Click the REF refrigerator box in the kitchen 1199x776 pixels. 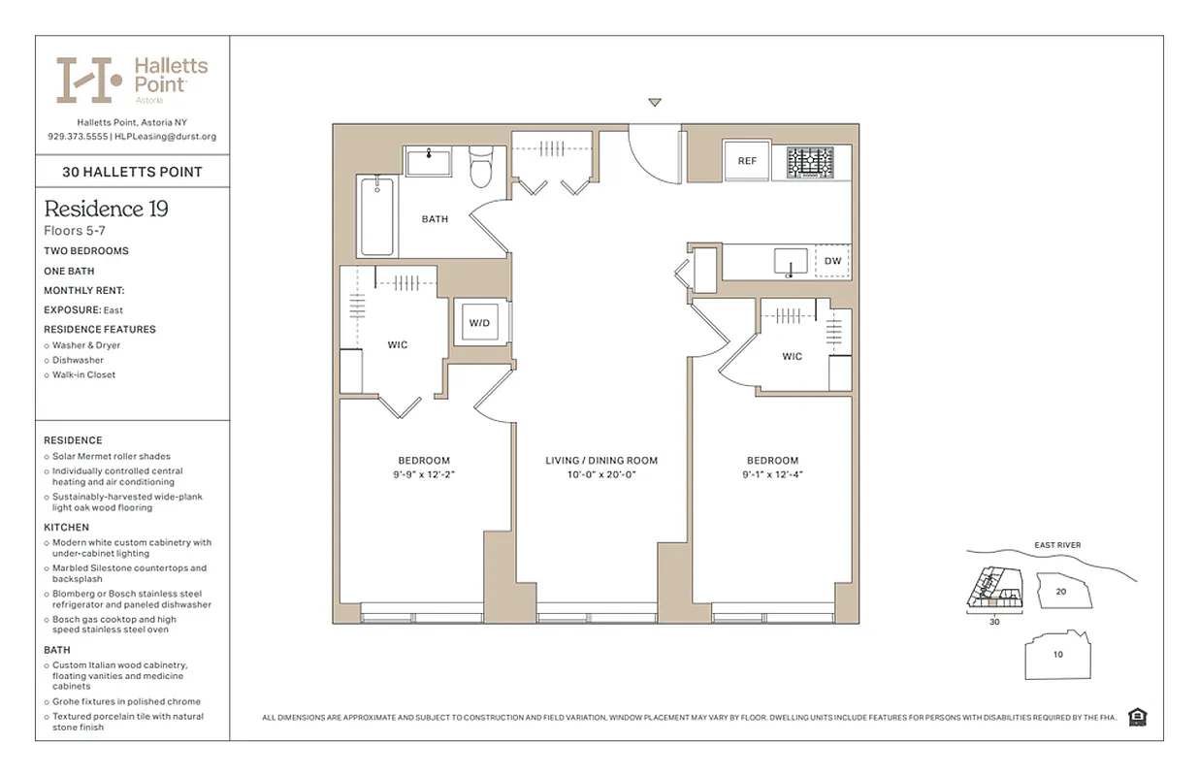[747, 161]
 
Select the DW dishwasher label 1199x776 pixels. [832, 261]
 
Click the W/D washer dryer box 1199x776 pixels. [480, 322]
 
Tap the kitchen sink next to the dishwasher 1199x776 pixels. [792, 261]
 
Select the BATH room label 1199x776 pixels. [435, 219]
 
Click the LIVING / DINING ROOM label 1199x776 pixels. [601, 461]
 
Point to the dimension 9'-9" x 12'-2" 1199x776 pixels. [424, 475]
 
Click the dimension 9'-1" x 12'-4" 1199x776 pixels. [772, 475]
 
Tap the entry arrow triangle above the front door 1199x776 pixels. [655, 103]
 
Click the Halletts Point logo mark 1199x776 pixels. [88, 80]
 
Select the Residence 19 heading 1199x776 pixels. [107, 209]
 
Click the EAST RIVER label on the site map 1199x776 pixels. [1057, 545]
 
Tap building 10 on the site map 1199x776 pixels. [1057, 654]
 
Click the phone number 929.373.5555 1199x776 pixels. [77, 137]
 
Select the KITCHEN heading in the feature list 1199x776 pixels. [66, 527]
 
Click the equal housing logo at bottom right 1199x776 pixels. [1138, 717]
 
